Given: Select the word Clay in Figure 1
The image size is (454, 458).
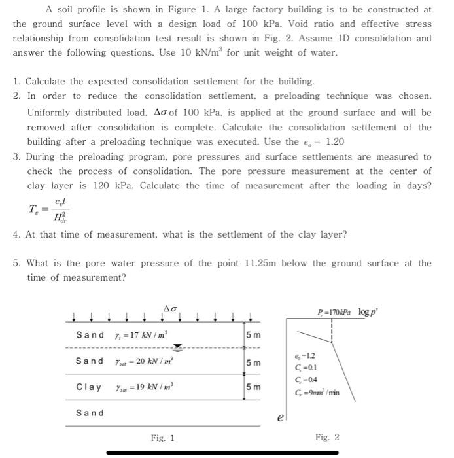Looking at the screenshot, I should click(89, 387).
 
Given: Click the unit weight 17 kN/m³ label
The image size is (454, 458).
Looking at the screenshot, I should click(141, 336).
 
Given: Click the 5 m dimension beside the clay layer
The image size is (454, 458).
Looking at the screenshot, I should click(253, 387).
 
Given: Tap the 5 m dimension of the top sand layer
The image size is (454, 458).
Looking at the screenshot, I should click(253, 336).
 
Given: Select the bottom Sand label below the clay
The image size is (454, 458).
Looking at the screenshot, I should click(90, 413).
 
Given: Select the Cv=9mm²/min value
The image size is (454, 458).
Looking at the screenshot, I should click(336, 393).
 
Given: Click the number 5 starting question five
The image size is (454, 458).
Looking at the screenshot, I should click(16, 263).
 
